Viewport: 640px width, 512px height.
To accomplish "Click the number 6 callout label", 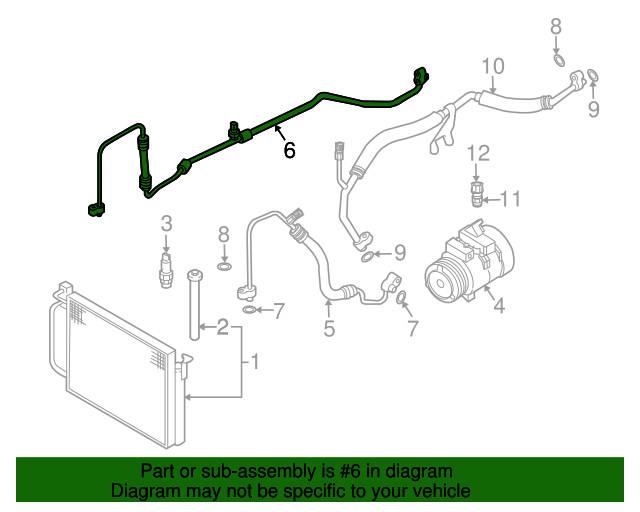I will click(x=290, y=150).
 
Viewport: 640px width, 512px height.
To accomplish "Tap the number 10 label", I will click(x=493, y=67).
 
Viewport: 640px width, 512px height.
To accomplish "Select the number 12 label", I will click(x=480, y=153).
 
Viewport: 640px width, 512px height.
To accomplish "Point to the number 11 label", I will click(x=510, y=199).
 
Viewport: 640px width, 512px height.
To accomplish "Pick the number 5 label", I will click(x=329, y=327).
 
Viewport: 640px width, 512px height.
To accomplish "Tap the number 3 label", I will click(x=167, y=223).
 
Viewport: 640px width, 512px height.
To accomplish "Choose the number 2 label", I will click(x=222, y=326).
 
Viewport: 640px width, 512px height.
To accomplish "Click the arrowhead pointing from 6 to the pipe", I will click(x=274, y=131).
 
